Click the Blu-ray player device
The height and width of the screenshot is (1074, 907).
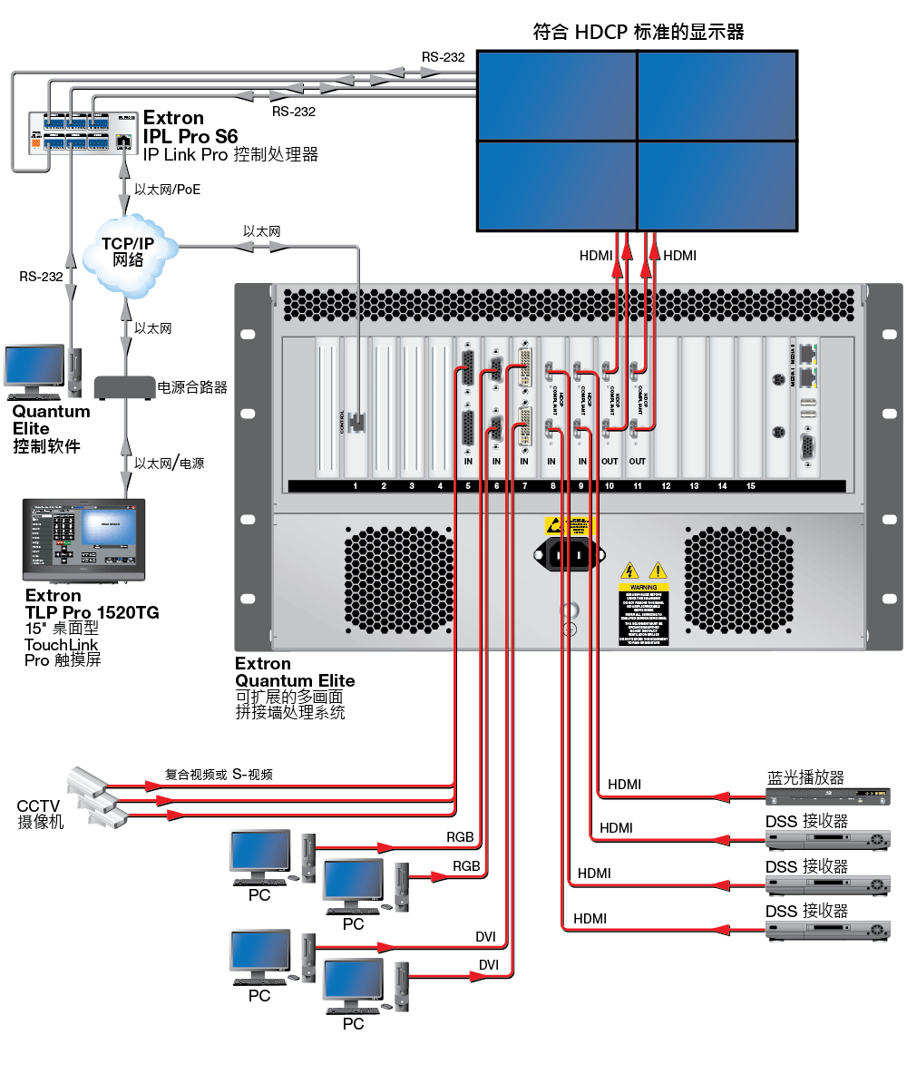[827, 797]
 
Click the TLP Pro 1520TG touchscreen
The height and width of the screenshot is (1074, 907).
[83, 540]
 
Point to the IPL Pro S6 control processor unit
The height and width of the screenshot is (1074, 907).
[82, 131]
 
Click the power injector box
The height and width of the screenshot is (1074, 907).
[123, 386]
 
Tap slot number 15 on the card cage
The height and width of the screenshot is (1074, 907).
[750, 486]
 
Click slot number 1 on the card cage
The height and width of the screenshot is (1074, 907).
[356, 486]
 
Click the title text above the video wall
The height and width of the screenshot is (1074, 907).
[639, 33]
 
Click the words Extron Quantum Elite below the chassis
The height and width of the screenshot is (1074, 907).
[295, 672]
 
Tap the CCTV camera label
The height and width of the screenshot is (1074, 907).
[40, 814]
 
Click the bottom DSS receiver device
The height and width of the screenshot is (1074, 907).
[827, 930]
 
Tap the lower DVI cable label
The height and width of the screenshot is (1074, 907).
[489, 964]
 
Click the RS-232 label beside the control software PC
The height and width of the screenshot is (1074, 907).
[41, 277]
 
